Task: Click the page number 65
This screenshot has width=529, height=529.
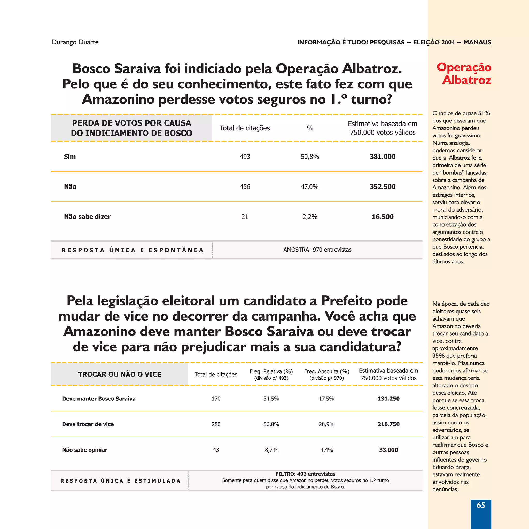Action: coord(480,505)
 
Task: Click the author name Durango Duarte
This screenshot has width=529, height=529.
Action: coord(75,42)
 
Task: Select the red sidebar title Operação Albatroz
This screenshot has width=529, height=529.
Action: coord(464,73)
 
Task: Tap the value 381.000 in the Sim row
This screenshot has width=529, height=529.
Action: coord(382,157)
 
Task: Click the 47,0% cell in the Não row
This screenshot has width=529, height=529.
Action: coord(309,187)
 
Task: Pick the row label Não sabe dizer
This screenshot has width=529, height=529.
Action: coord(87,216)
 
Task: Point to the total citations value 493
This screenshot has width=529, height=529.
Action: coord(245,157)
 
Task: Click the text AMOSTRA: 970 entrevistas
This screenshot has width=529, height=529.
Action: coord(317,250)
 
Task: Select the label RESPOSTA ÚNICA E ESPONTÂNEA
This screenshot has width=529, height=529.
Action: coord(133,250)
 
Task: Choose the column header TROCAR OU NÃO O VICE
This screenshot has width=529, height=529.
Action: coord(119,374)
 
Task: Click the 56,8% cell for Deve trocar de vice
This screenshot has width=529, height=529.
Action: coord(271,424)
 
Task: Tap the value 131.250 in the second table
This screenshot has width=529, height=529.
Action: coord(388,399)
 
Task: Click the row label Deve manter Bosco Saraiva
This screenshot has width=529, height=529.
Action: coord(99,399)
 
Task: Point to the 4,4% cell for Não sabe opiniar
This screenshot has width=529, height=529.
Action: coord(326,450)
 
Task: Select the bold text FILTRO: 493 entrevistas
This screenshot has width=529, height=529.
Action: coord(305,474)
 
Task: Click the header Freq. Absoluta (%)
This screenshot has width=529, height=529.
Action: coord(326,371)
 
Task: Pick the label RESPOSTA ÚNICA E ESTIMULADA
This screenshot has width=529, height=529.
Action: coord(120,481)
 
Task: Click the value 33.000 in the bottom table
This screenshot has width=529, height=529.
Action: coord(388,450)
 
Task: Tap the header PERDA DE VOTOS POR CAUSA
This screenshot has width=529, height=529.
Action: coord(131,123)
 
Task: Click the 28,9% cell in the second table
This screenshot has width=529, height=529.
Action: coord(326,424)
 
